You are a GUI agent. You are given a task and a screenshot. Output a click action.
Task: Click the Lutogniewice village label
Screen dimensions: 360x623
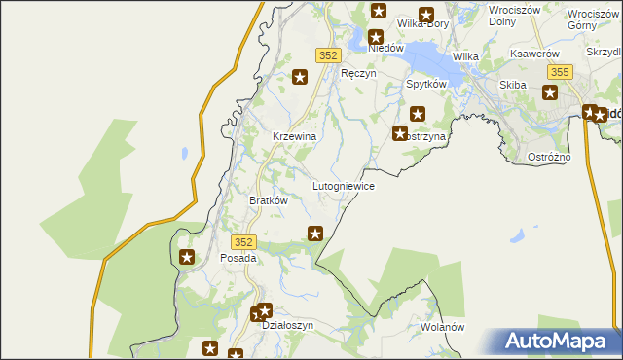point(343,185)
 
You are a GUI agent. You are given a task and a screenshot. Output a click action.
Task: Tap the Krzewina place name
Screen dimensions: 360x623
point(294,137)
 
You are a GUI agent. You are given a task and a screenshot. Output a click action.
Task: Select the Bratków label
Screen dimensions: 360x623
point(269,200)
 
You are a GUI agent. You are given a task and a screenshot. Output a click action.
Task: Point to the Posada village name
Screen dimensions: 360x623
point(238,259)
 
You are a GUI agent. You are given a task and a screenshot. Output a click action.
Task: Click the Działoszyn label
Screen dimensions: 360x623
point(288,326)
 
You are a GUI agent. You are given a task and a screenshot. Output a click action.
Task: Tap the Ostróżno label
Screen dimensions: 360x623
point(577,157)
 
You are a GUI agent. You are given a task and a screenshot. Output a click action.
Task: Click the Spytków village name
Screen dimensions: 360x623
point(425,85)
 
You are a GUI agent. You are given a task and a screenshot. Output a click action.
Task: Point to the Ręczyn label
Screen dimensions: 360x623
point(357,73)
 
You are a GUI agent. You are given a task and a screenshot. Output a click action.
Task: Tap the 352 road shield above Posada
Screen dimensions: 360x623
point(244,241)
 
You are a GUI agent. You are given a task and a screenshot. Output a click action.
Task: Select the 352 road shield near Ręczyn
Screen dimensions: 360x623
point(326,56)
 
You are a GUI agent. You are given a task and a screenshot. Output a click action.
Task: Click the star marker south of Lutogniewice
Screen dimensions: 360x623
point(315,234)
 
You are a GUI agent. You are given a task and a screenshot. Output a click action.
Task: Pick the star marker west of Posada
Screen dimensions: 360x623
point(187,258)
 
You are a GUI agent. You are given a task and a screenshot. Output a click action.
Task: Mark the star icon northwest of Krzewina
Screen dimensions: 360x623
point(301,76)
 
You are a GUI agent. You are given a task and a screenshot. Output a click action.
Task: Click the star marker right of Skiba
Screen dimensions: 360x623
point(550,93)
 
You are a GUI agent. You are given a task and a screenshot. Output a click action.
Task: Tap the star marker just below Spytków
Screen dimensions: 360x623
point(419,113)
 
